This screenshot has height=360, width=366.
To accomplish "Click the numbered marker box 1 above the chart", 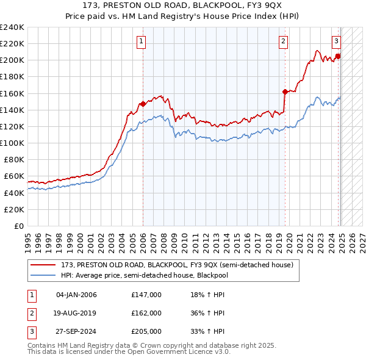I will [141, 41].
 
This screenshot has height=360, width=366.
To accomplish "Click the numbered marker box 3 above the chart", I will [336, 41].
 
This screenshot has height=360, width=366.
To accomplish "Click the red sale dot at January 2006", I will [143, 104].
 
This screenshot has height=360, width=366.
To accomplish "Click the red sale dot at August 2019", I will [285, 92].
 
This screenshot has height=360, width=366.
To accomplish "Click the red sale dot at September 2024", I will [338, 56].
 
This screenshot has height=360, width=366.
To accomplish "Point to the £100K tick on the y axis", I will [13, 143].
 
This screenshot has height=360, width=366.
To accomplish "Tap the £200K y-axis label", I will [13, 60].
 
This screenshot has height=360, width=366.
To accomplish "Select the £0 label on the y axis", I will [18, 226].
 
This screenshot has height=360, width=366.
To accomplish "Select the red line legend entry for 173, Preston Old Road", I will [177, 265].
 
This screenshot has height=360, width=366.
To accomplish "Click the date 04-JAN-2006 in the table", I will [76, 295].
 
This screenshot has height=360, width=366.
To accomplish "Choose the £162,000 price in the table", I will [146, 313].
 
